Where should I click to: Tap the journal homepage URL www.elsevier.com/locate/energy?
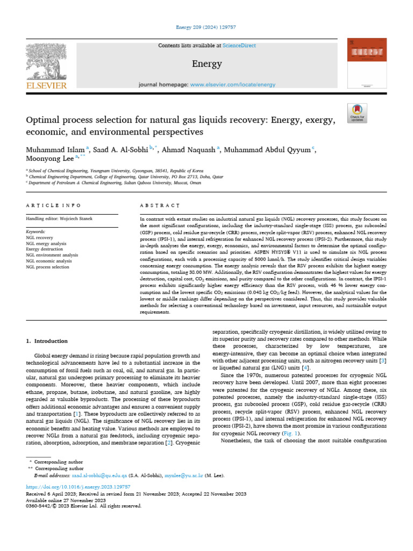pyautogui.click(x=233, y=84)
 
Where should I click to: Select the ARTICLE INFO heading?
pyautogui.click(x=53, y=206)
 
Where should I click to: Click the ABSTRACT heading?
pyautogui.click(x=160, y=206)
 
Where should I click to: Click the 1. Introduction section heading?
pyautogui.click(x=47, y=341)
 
